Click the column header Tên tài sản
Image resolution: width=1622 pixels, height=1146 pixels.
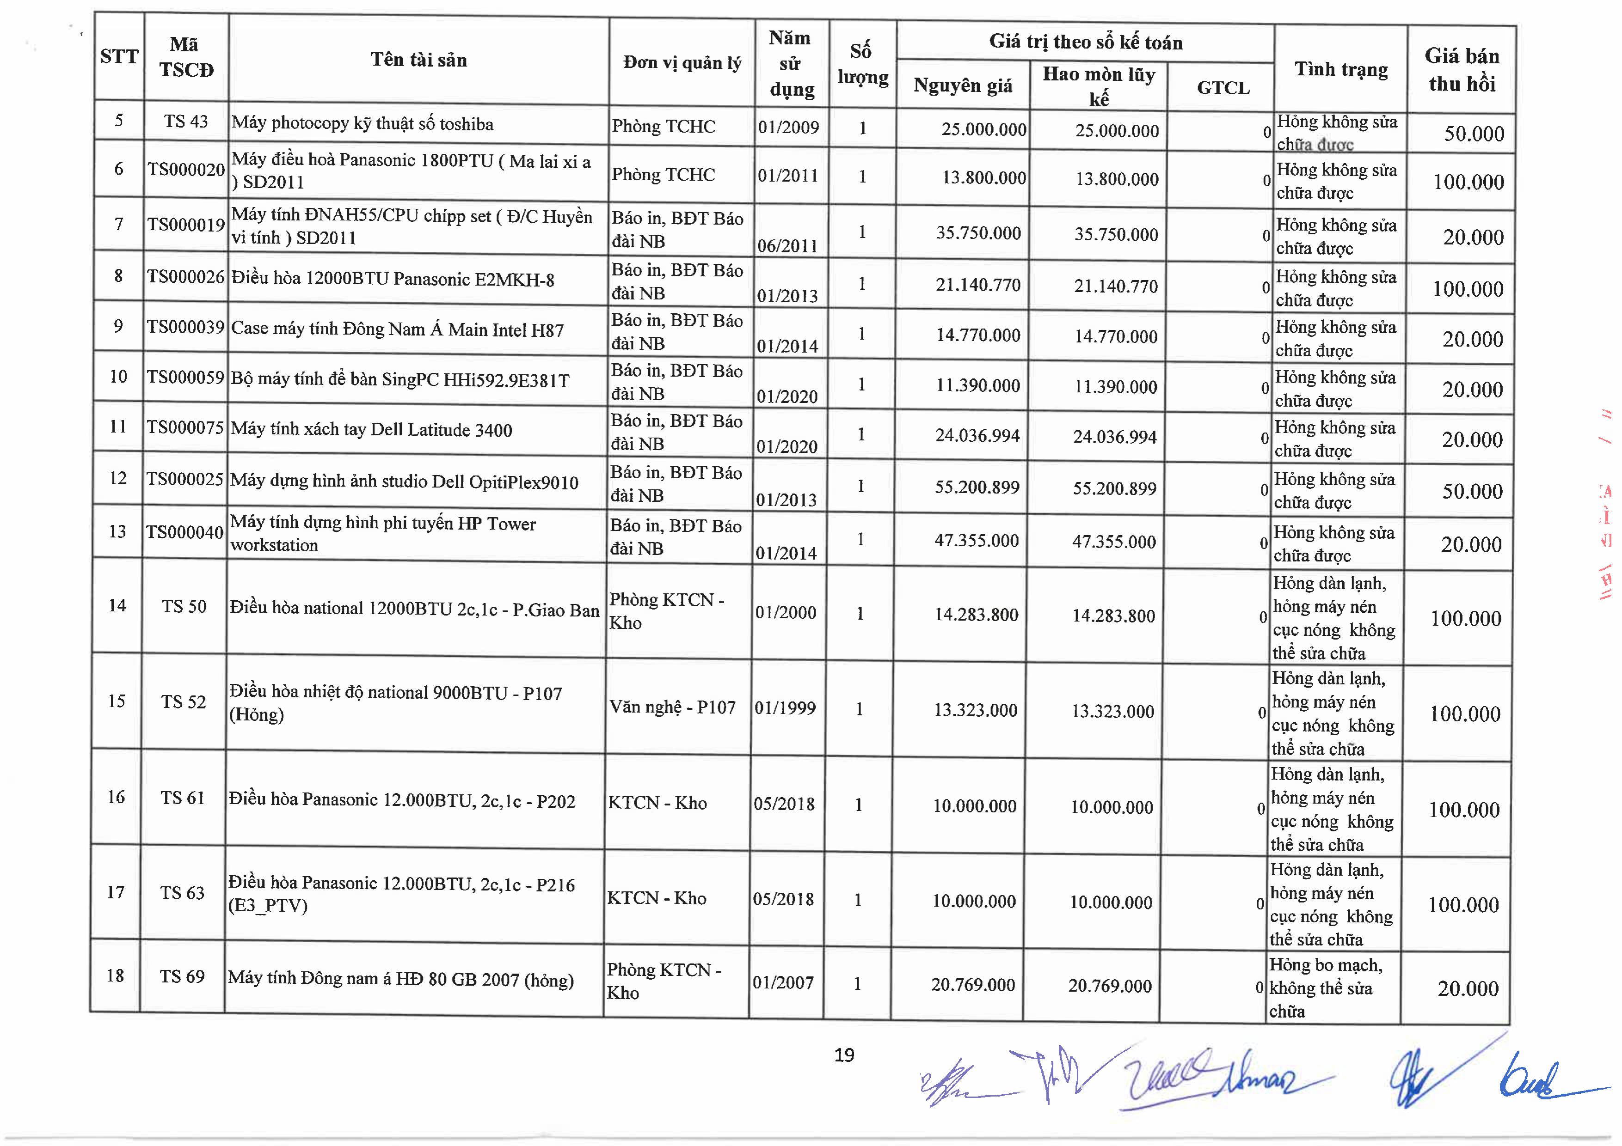[x=418, y=60]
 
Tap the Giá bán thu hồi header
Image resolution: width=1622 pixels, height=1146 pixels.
[x=1461, y=70]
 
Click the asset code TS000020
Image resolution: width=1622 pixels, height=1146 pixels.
[x=186, y=170]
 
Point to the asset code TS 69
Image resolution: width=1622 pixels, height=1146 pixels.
[x=182, y=976]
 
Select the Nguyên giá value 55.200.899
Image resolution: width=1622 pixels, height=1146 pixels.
[x=977, y=487]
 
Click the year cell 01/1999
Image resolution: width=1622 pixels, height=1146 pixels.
[x=785, y=707]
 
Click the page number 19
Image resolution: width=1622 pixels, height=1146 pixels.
[x=844, y=1055]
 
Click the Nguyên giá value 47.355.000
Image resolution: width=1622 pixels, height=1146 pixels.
[x=977, y=540]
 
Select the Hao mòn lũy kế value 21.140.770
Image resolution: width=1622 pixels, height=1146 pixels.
[x=1116, y=286]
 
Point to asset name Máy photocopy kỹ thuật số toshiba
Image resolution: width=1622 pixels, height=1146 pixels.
[x=362, y=123]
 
